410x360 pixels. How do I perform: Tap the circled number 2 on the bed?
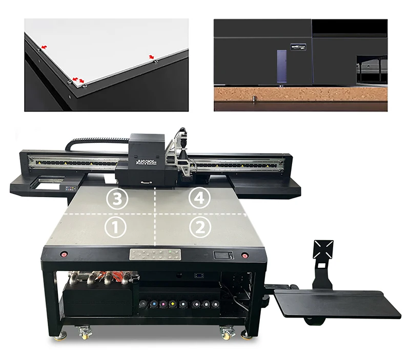[198, 226]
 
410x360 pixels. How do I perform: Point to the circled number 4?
[198, 199]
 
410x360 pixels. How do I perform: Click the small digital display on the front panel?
[223, 255]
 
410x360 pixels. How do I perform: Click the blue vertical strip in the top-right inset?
[279, 65]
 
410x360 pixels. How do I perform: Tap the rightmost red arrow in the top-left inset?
[151, 56]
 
